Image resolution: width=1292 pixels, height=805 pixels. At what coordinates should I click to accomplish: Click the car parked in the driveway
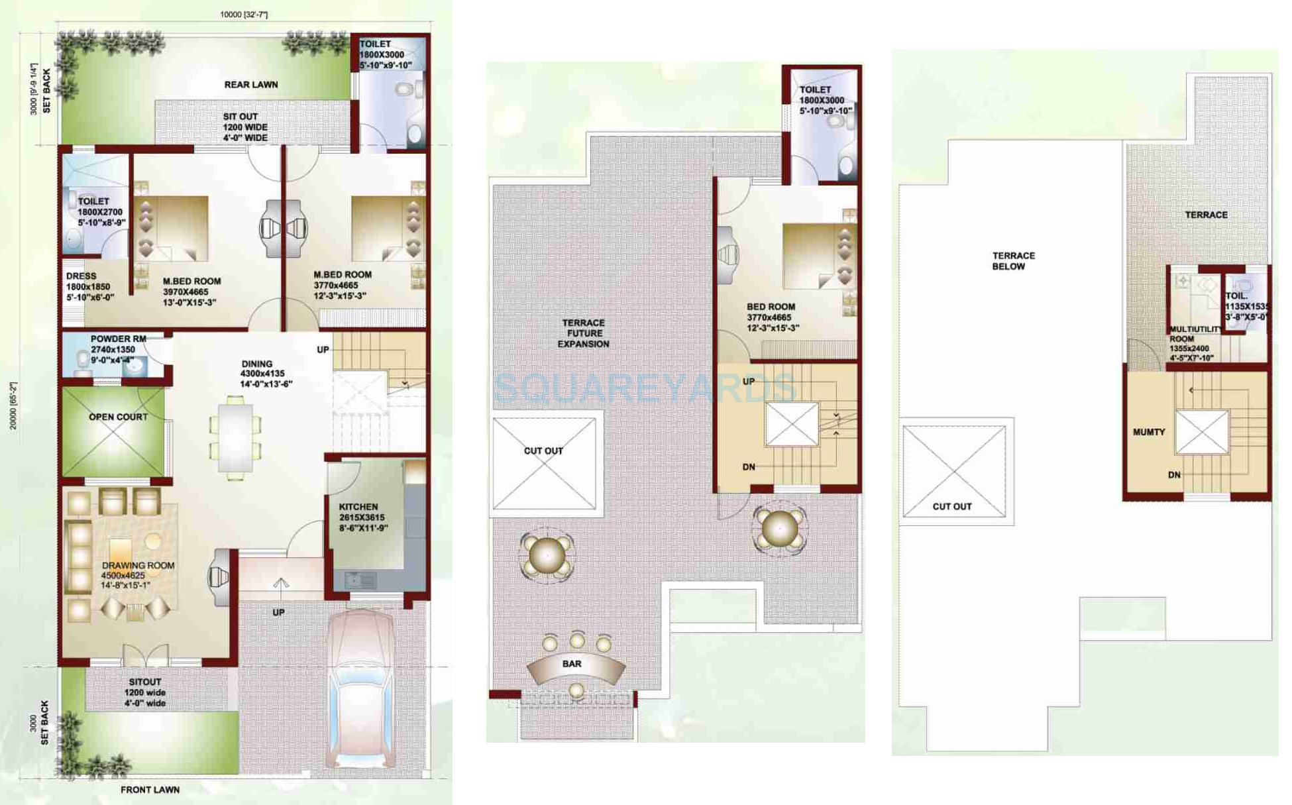coord(361,689)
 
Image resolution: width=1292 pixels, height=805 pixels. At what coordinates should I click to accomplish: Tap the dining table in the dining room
coord(235,437)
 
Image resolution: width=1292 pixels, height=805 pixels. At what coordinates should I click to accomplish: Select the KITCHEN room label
coord(358,507)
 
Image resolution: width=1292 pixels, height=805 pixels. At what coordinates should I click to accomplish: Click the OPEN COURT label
coord(118,417)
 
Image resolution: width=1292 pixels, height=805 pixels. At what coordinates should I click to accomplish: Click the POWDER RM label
coord(118,339)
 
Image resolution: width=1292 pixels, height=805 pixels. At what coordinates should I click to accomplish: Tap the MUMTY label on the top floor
coord(1148,432)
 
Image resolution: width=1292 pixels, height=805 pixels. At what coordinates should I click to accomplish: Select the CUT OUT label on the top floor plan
coord(951,506)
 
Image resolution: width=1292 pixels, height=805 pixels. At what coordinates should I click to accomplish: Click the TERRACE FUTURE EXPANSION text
coord(583,333)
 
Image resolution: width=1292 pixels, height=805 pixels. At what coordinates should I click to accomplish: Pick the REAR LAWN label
coord(250,85)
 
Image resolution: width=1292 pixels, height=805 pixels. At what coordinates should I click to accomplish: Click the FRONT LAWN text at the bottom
coord(150,790)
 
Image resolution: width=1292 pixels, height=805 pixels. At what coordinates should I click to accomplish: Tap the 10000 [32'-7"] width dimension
coord(243,14)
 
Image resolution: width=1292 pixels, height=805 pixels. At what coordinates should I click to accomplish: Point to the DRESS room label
coord(81,276)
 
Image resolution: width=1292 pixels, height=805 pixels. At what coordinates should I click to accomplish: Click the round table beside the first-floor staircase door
coord(779,529)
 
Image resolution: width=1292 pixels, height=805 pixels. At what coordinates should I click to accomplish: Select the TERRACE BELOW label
coord(1012,261)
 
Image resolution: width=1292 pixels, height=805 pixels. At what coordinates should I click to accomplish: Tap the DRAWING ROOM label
coord(138,566)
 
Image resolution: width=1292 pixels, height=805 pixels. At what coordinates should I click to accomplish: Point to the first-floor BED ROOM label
coord(771,307)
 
